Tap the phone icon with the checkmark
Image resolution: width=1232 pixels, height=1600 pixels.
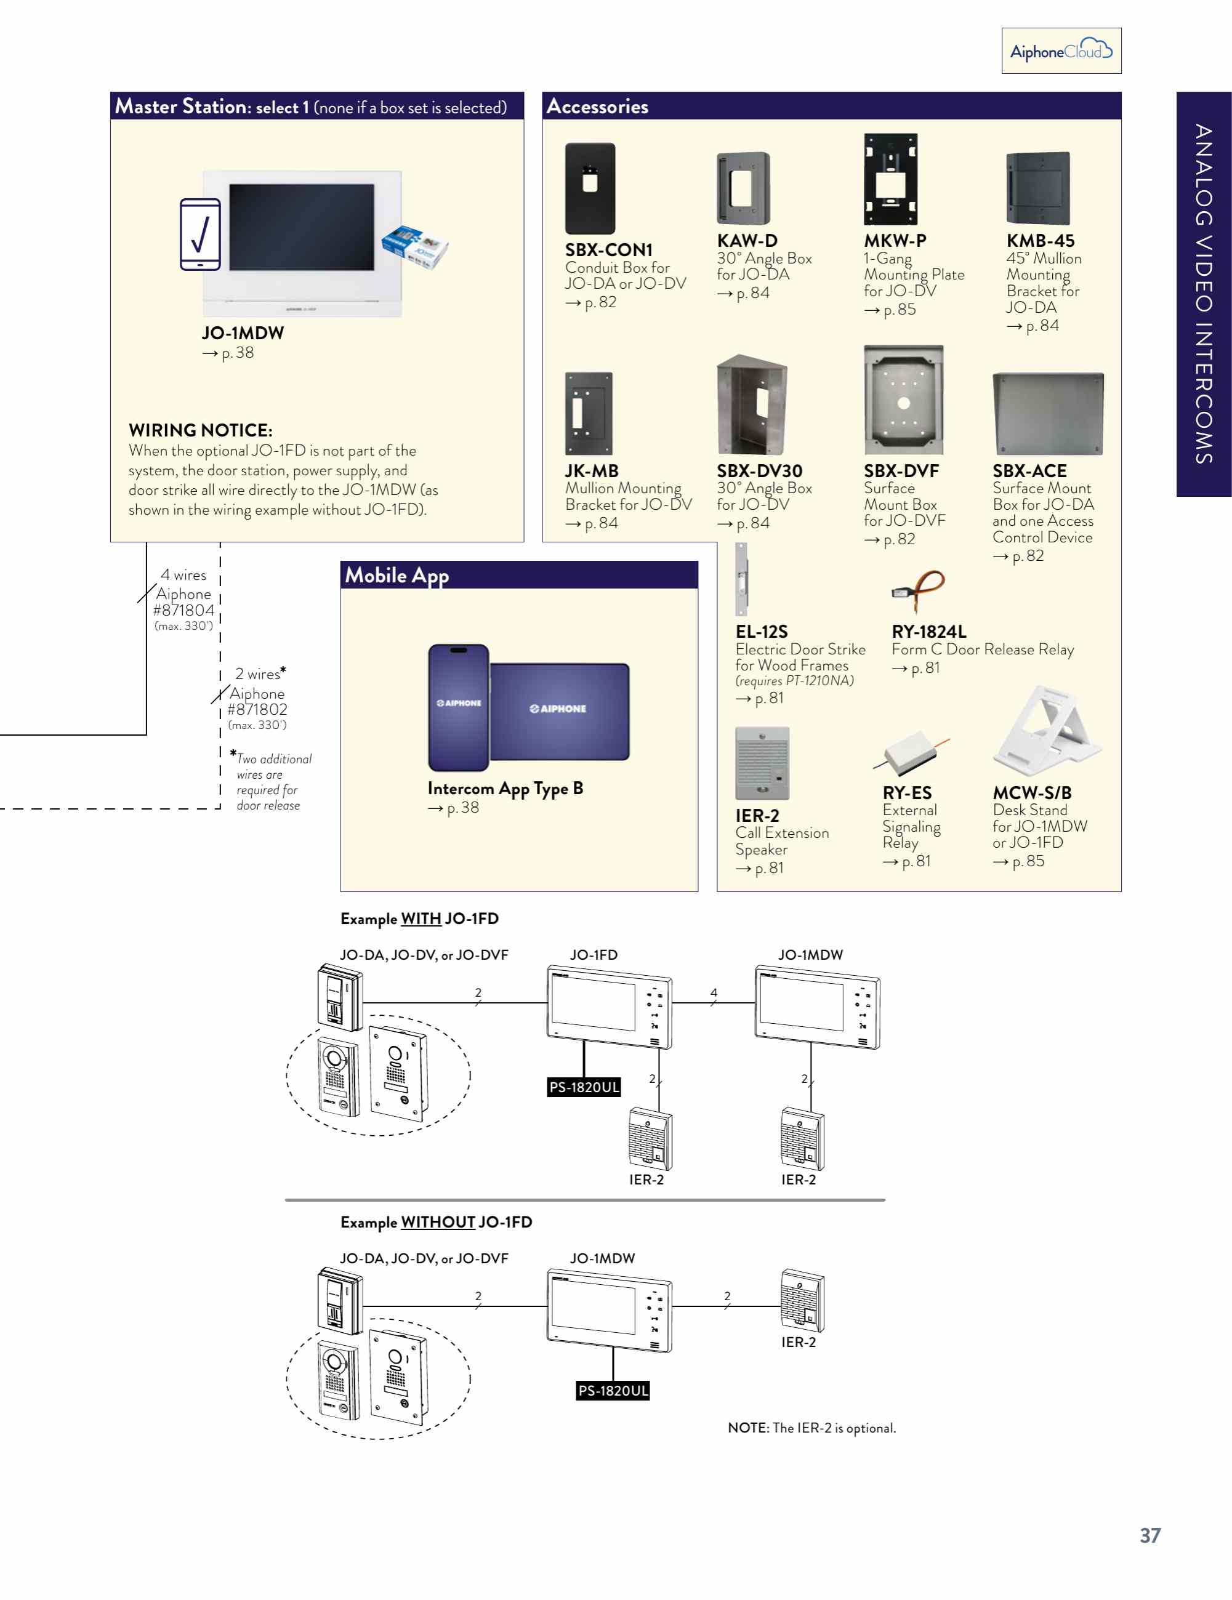click(x=200, y=235)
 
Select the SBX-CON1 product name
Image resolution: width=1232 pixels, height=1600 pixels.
click(x=608, y=250)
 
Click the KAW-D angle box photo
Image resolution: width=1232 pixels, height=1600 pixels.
click(x=743, y=188)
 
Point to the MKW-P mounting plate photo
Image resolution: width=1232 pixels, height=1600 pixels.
click(x=890, y=180)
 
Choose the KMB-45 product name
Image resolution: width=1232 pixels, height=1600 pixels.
click(x=1040, y=240)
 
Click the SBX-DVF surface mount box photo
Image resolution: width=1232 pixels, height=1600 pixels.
click(x=903, y=401)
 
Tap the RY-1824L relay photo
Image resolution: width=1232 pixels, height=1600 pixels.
click(x=919, y=590)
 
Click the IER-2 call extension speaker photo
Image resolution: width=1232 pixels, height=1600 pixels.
click(x=762, y=763)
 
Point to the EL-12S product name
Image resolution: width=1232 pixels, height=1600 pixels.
click(x=762, y=632)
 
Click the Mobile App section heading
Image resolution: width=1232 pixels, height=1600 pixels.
click(x=397, y=575)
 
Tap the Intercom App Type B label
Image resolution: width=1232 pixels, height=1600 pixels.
click(x=505, y=788)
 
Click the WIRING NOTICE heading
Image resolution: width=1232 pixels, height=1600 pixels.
click(x=200, y=430)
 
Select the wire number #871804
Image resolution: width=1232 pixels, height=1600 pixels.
click(x=184, y=610)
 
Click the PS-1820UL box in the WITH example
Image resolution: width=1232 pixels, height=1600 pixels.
click(x=584, y=1087)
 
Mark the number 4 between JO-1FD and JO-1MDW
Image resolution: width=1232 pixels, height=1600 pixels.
click(x=713, y=992)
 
